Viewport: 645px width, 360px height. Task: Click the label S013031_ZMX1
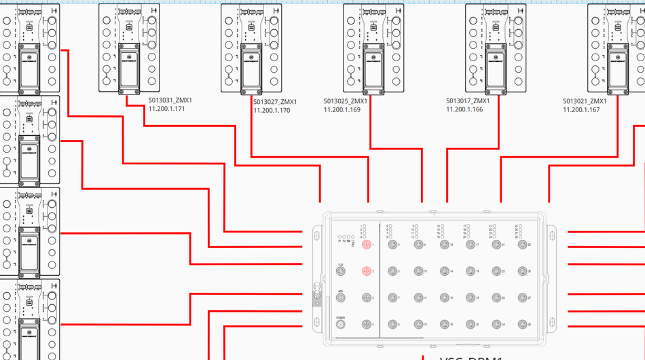170,100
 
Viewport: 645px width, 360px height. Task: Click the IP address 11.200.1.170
272,110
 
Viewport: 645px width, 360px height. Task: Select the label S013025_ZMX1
345,101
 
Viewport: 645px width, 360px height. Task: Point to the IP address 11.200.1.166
464,109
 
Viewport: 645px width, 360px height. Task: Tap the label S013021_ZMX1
584,101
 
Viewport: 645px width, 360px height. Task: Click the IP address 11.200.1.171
167,109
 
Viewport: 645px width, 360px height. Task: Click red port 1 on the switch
367,245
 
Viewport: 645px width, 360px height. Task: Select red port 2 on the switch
367,272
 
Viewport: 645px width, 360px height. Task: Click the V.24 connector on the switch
341,272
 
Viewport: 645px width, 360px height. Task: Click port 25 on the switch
521,245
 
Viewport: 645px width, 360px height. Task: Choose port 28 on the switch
521,325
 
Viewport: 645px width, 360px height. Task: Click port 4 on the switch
367,325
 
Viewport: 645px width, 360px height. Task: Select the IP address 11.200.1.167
581,110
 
